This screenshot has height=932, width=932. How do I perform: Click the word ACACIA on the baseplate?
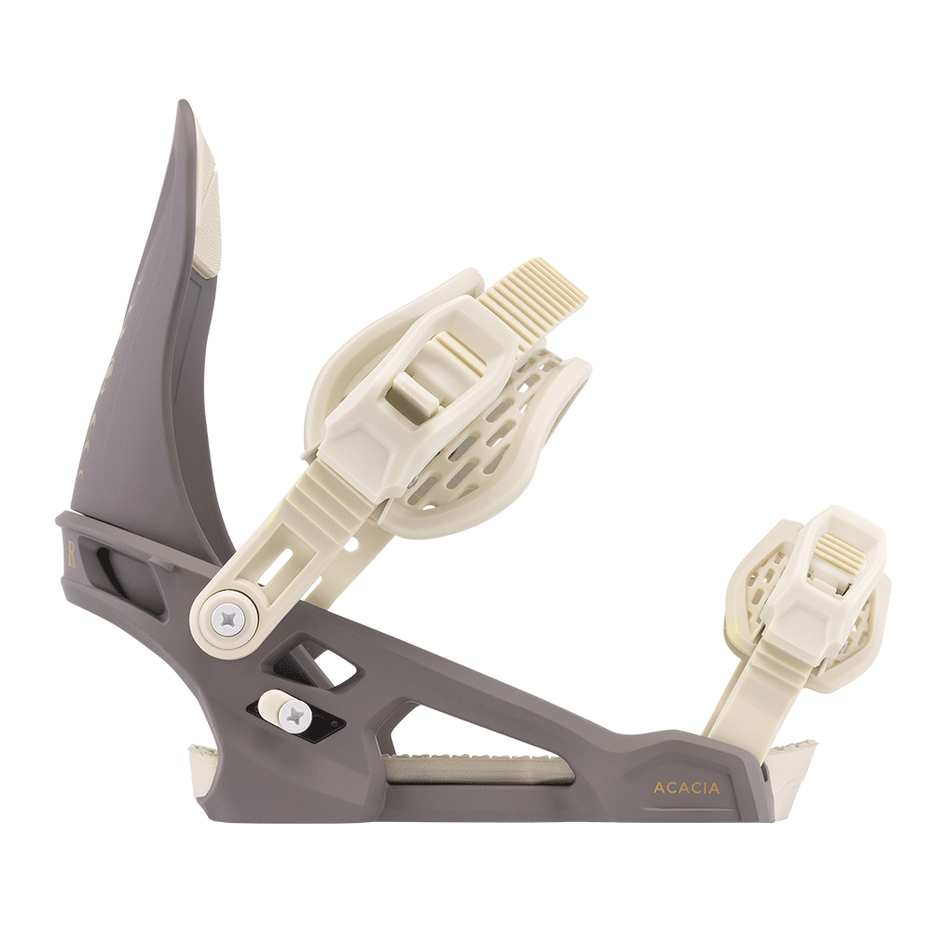(686, 788)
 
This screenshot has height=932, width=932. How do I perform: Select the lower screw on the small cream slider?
(295, 715)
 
